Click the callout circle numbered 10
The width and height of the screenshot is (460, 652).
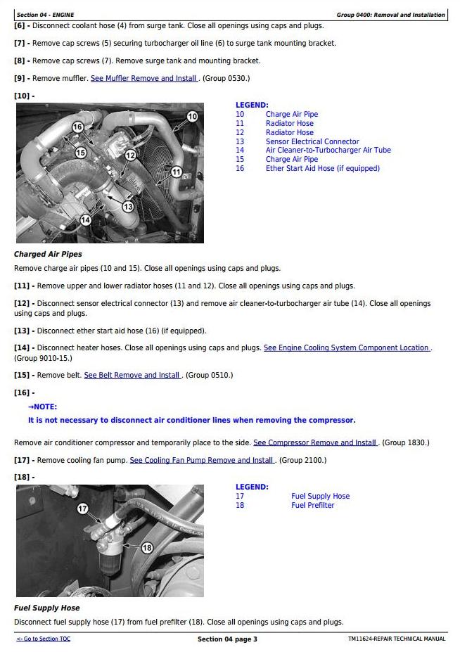(x=192, y=117)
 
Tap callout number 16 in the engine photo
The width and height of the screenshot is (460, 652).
(x=77, y=127)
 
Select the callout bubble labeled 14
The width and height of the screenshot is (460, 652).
(x=85, y=219)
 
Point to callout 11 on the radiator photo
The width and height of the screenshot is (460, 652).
(x=177, y=172)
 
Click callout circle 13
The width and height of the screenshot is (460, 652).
(x=128, y=207)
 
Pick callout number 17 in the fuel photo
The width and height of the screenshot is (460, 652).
(x=82, y=509)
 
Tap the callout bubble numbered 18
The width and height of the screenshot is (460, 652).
(x=147, y=548)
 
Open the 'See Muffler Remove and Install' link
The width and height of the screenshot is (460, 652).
(x=144, y=78)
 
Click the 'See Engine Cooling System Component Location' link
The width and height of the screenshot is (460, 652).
(x=347, y=347)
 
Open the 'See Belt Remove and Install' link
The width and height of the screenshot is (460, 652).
(x=132, y=375)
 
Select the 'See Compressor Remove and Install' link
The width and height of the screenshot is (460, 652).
(x=315, y=442)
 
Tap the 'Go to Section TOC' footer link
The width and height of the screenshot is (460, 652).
(x=44, y=639)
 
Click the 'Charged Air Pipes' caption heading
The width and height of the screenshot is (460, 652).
(x=48, y=254)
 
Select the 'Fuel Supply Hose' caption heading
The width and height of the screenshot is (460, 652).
(x=47, y=608)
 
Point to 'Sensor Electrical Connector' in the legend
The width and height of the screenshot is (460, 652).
(x=312, y=141)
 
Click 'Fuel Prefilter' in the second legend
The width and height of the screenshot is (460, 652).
(x=312, y=505)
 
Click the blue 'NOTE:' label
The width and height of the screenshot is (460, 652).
(x=43, y=407)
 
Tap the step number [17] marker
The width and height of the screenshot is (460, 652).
(x=23, y=460)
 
